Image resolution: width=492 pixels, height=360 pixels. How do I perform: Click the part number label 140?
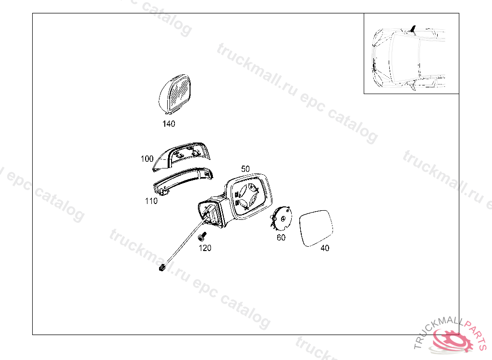click(x=169, y=124)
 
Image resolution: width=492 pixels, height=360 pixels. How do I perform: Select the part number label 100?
click(x=147, y=159)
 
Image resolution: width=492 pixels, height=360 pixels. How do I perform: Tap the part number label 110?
click(x=151, y=201)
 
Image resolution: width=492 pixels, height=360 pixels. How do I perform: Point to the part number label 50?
click(x=246, y=169)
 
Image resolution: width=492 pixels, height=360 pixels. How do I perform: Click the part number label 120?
click(x=205, y=248)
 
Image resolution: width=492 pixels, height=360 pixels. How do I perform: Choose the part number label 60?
click(x=281, y=238)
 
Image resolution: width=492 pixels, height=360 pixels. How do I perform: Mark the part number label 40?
click(x=325, y=248)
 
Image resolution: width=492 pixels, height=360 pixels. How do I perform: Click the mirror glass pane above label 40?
click(x=316, y=228)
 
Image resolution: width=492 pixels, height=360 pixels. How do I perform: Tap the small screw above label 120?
click(x=203, y=236)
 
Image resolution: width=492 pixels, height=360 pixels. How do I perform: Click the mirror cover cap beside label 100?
click(x=181, y=156)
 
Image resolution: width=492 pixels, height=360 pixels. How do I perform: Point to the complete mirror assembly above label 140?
click(x=174, y=94)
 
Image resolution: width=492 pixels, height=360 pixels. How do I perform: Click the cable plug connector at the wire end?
click(x=162, y=267)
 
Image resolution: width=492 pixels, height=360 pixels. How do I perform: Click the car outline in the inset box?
click(x=408, y=58)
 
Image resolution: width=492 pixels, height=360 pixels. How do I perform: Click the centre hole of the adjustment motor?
click(x=283, y=218)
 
